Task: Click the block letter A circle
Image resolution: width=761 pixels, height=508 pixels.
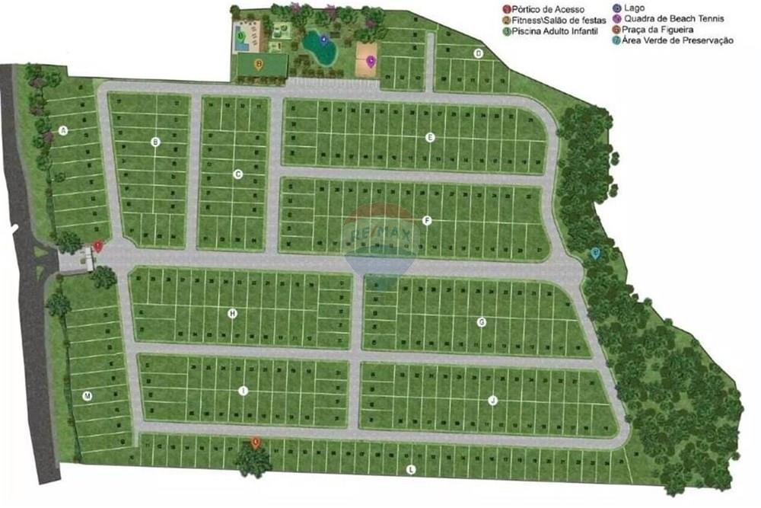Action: [x=64, y=131]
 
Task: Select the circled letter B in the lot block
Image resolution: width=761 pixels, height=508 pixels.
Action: [x=156, y=142]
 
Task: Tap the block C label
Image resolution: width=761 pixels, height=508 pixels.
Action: [x=237, y=174]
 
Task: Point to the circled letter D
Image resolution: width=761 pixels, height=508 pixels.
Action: [x=479, y=53]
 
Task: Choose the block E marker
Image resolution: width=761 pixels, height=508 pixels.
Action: [x=430, y=137]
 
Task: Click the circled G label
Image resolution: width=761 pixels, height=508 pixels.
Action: [x=482, y=322]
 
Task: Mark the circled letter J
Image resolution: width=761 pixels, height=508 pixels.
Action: [x=492, y=400]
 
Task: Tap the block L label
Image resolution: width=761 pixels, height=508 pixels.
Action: [x=411, y=470]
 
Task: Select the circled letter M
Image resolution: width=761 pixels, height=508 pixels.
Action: [x=88, y=396]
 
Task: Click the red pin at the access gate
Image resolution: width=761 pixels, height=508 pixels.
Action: [x=97, y=246]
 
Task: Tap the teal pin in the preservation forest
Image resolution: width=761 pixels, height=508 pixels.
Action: [x=595, y=254]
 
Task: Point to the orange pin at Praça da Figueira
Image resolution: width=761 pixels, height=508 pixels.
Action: [x=256, y=442]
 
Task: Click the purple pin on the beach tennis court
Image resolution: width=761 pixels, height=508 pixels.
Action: [x=371, y=61]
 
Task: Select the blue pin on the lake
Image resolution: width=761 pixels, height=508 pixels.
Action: [x=324, y=40]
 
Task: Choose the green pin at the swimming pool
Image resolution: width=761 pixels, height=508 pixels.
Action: [x=241, y=35]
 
